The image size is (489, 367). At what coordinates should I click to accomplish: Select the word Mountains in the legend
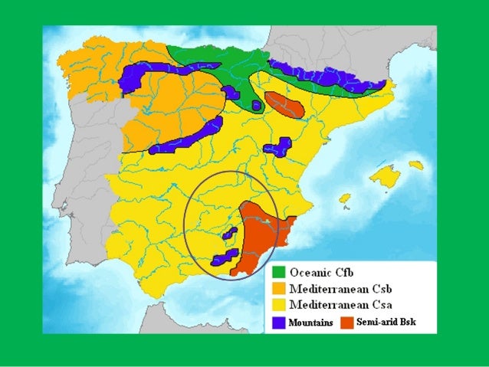coord(311,323)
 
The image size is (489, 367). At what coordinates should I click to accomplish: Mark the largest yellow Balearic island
coord(385,177)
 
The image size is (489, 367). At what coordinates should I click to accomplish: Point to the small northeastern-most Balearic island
coord(415,165)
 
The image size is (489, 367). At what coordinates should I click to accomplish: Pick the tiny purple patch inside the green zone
coord(256,105)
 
